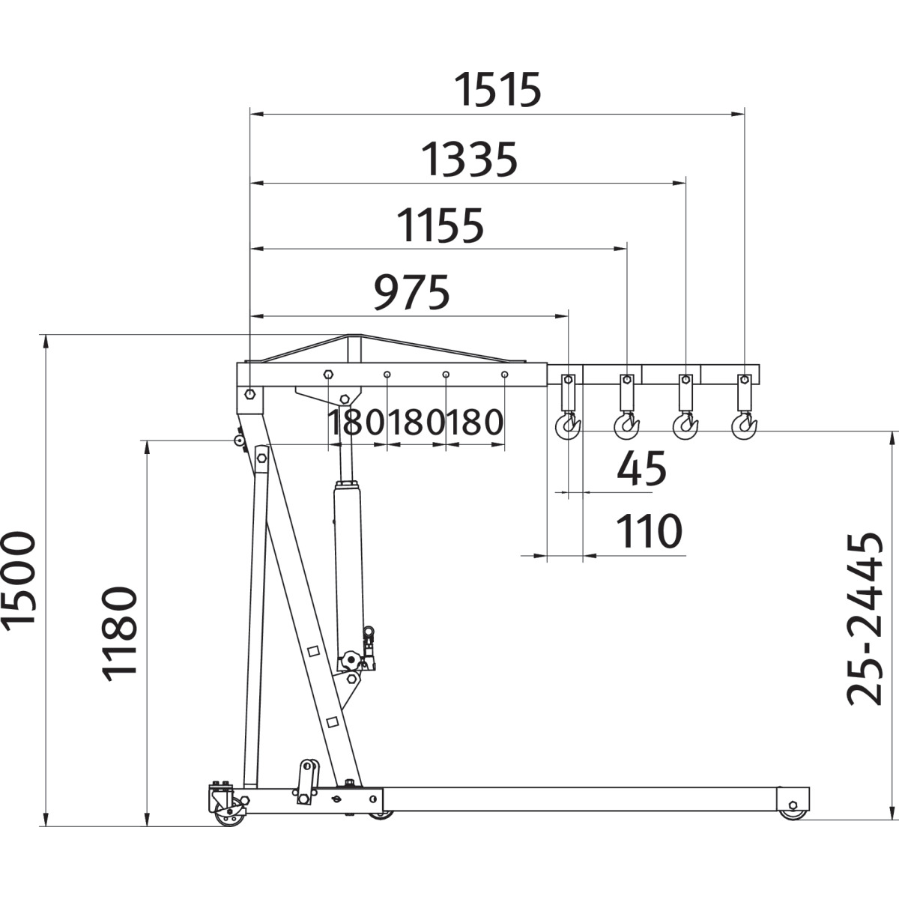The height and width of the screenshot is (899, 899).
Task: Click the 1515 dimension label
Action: click(x=497, y=89)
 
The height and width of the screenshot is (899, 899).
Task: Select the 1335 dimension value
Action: click(x=469, y=160)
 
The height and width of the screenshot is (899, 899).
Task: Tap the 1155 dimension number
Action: click(x=441, y=226)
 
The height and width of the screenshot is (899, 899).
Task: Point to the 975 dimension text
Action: click(x=411, y=292)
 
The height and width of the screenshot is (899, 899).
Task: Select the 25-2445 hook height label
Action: click(x=864, y=619)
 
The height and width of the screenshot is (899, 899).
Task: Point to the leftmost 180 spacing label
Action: click(x=357, y=423)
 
